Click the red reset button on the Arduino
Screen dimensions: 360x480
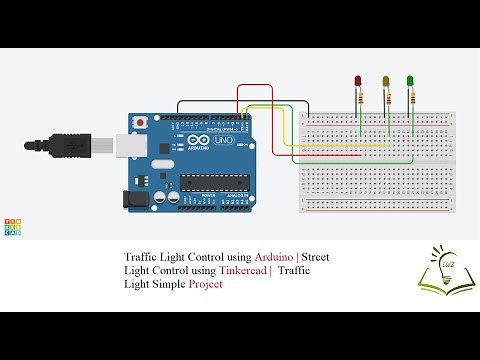pyautogui.click(x=141, y=121)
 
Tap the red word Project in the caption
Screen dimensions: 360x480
pyautogui.click(x=203, y=284)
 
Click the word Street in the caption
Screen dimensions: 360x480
pyautogui.click(x=316, y=257)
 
